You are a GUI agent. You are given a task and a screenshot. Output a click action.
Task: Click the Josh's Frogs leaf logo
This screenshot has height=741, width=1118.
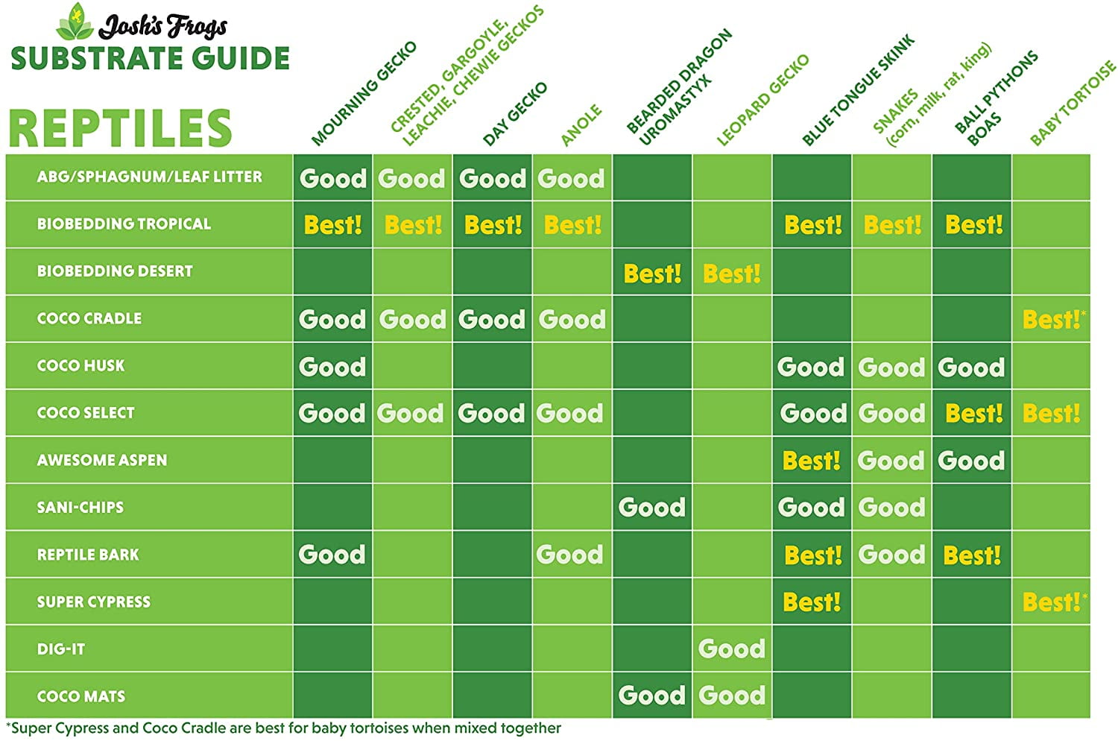point(75,22)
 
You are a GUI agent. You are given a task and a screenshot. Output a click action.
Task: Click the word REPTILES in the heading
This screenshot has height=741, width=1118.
point(120,127)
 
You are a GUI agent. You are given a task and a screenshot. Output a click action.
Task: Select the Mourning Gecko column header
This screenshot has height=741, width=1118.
point(364,94)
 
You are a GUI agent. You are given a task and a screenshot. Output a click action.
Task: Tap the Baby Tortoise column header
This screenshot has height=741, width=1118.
point(1073,104)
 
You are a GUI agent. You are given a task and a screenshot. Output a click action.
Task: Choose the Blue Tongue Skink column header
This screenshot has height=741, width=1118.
point(858,90)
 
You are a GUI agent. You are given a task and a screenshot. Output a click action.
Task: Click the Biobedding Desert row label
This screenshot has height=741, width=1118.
point(115,271)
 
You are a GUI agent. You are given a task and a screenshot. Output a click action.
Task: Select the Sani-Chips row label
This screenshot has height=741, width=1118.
point(80,508)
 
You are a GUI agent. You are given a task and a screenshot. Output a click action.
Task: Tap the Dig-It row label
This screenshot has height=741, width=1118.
point(61,649)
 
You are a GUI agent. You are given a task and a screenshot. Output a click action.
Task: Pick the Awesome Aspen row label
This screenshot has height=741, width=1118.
point(102,461)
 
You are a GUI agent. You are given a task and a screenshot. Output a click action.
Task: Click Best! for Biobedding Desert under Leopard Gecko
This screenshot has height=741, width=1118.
point(731,274)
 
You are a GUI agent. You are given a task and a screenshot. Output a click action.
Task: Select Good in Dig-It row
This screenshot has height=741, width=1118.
point(731,649)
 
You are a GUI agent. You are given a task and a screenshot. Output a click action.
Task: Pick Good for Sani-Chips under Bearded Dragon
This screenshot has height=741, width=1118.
point(651,508)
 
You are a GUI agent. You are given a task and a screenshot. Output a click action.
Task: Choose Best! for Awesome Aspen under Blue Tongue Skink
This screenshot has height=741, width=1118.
point(811,461)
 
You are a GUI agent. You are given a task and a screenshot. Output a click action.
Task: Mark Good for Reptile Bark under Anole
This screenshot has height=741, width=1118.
point(570,555)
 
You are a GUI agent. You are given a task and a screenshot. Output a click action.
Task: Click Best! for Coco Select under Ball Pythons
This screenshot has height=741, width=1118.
point(973,414)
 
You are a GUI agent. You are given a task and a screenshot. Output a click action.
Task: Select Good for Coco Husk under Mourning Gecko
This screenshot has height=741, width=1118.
point(332,367)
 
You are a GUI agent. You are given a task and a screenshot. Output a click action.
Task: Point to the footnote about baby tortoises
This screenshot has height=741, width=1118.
point(283,728)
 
